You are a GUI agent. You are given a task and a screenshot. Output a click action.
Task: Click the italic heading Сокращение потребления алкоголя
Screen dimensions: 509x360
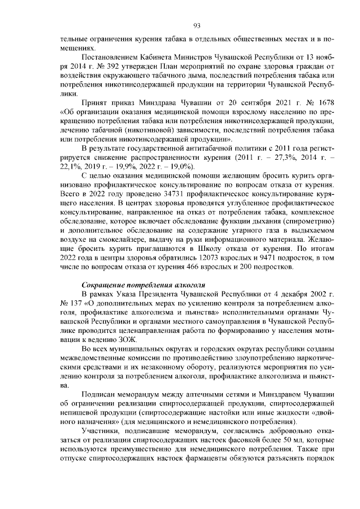point(143,284)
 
